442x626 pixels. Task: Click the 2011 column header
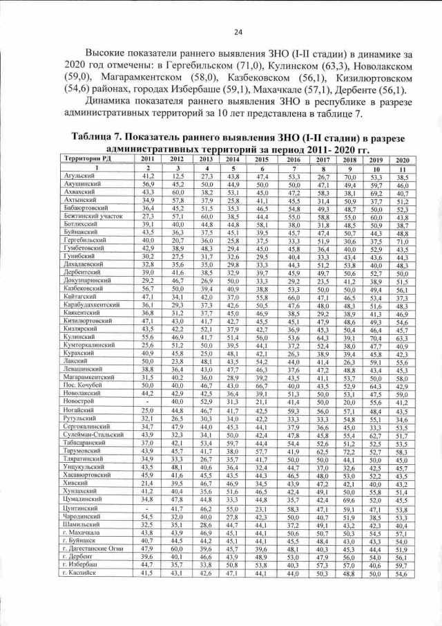click(148, 159)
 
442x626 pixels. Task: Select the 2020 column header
click(403, 160)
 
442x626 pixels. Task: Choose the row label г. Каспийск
click(75, 573)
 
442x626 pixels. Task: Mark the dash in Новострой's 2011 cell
click(148, 401)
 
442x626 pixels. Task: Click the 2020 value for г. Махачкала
click(403, 534)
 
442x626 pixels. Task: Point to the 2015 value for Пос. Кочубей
click(262, 385)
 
